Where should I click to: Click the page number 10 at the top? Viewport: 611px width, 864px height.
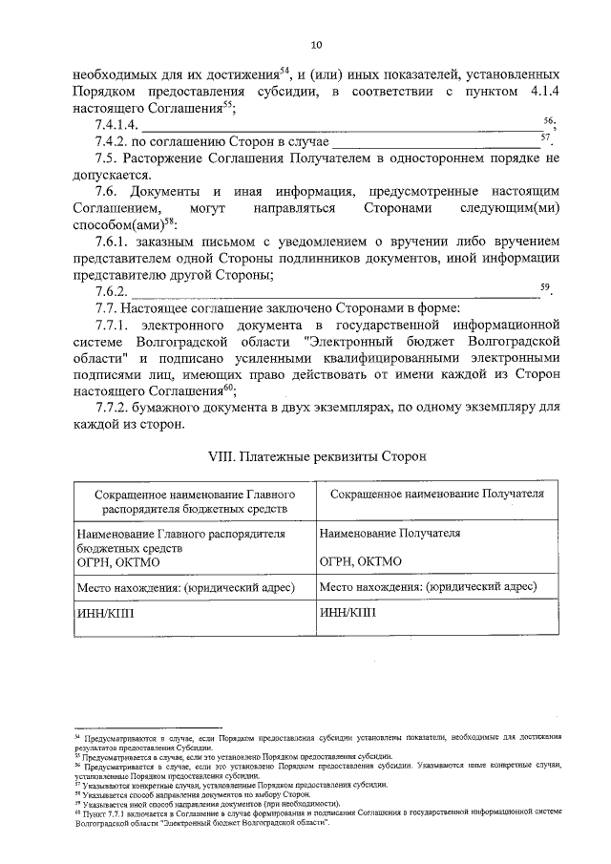click(316, 43)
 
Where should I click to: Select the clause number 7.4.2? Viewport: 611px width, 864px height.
click(114, 141)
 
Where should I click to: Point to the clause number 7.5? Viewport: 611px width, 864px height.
click(106, 158)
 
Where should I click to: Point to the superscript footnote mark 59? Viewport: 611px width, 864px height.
click(545, 284)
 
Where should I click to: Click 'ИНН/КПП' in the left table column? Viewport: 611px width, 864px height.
click(105, 614)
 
